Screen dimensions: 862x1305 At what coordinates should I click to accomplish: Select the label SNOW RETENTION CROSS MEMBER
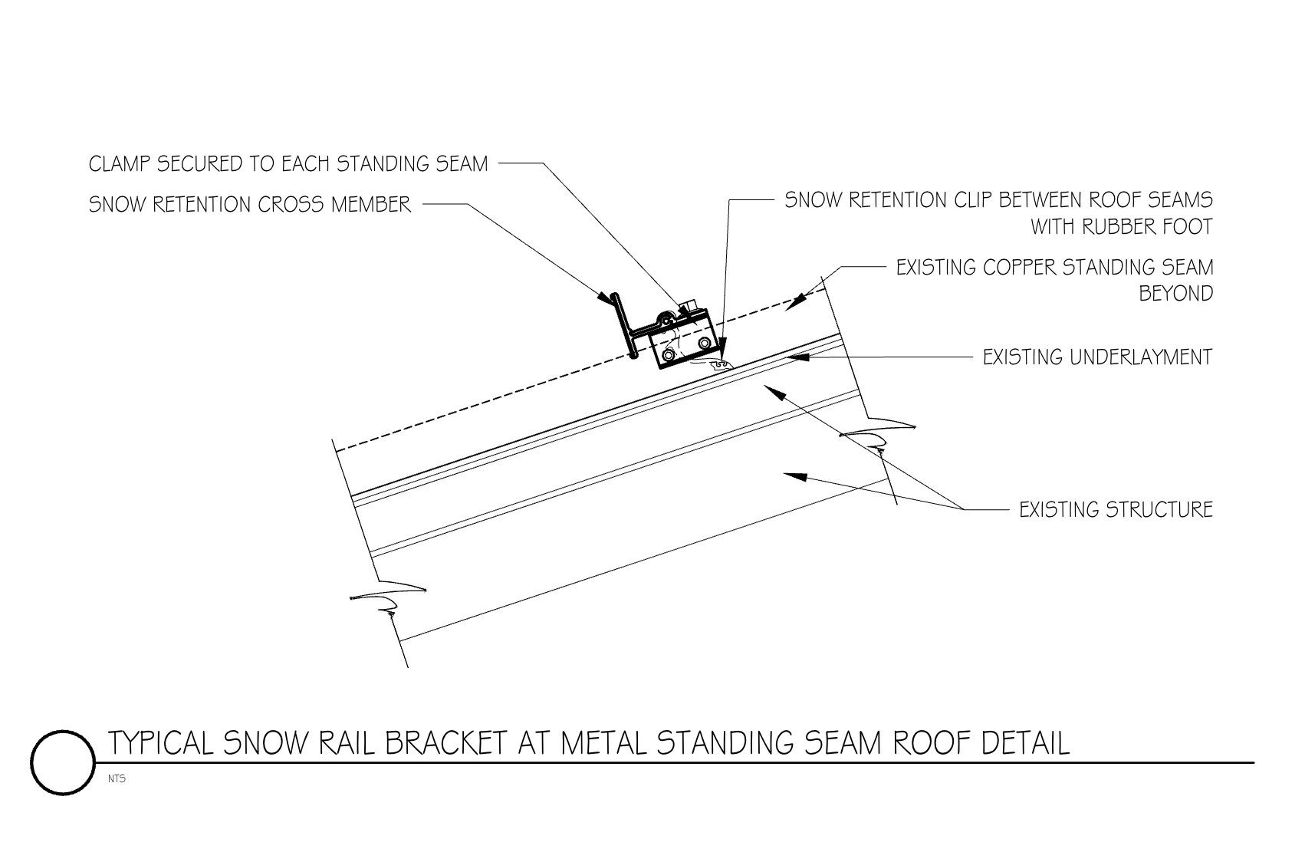[x=250, y=205]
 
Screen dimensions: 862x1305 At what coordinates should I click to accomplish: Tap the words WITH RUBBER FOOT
[x=1121, y=227]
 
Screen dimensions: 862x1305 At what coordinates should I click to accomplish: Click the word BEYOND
[x=1176, y=294]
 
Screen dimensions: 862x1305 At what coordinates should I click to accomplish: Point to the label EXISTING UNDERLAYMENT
[x=1097, y=357]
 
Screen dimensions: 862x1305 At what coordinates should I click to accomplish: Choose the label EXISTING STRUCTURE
[x=1116, y=510]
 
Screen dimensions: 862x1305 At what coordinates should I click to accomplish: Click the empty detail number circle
[x=63, y=762]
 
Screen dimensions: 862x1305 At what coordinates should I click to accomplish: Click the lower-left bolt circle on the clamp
[x=671, y=354]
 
